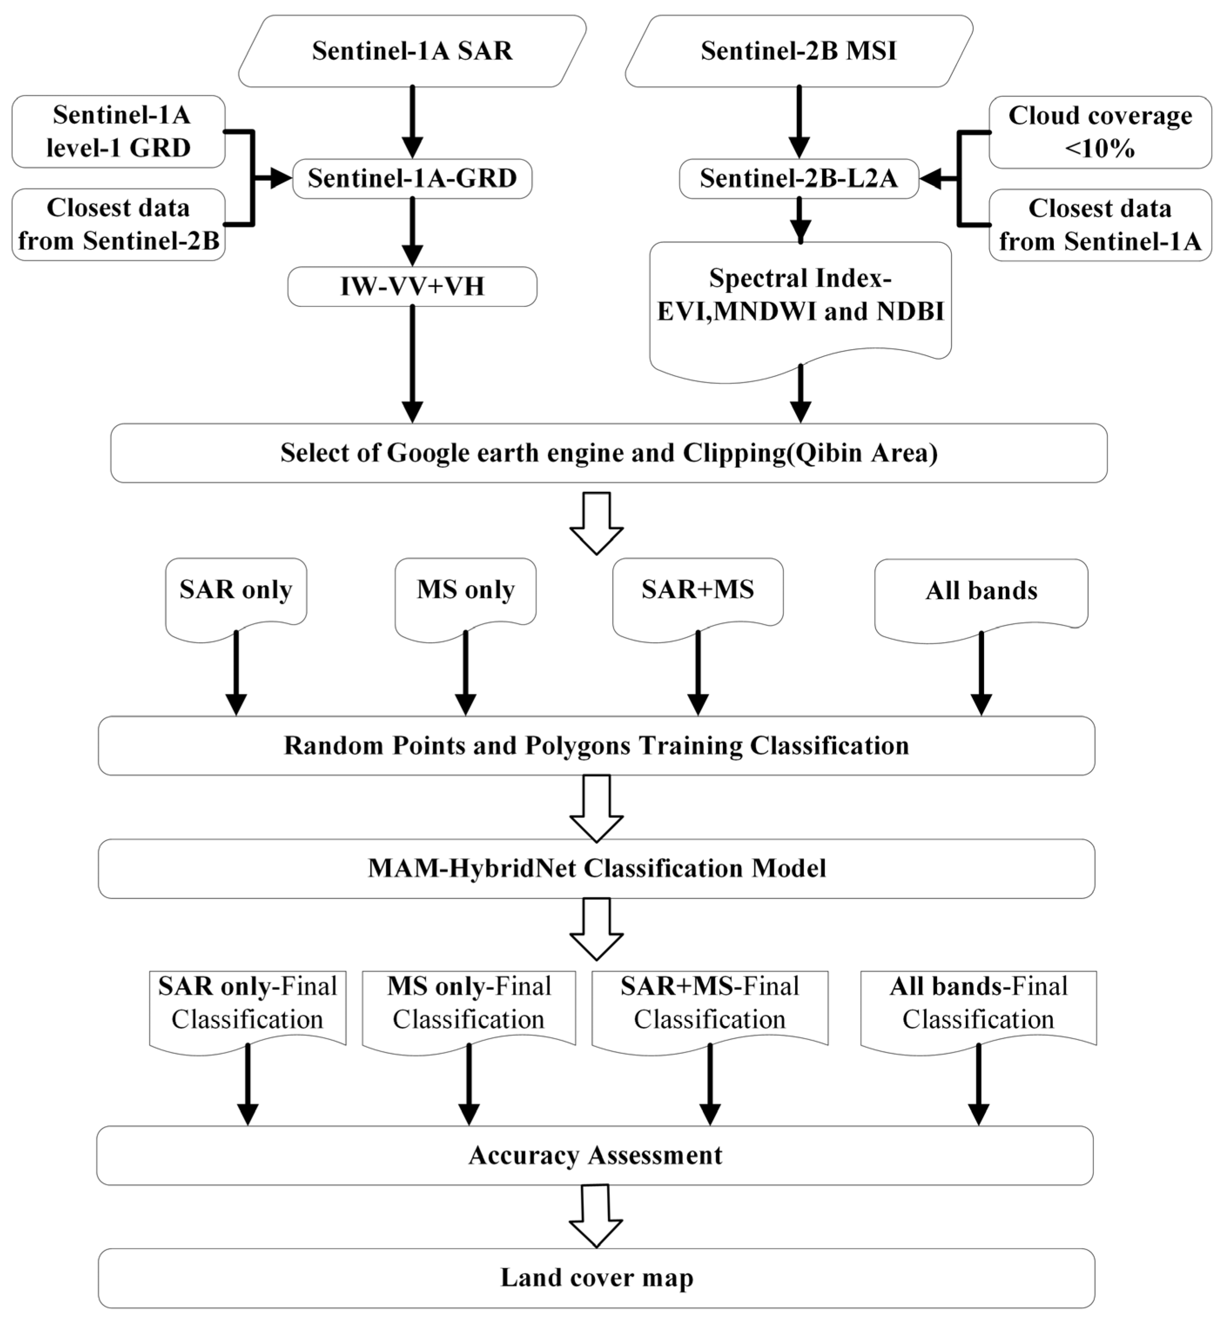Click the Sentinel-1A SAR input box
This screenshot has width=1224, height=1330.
coord(412,51)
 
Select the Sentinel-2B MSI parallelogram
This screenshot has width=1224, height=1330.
coord(799,51)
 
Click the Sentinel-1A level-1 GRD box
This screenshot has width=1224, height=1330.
coord(118,131)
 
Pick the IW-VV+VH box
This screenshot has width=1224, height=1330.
coord(412,286)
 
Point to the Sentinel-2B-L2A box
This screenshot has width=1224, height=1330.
coord(799,178)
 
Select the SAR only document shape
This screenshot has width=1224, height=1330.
coord(236,593)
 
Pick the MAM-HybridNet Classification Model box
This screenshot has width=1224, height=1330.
coord(596,869)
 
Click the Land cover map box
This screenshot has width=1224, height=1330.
coord(596,1278)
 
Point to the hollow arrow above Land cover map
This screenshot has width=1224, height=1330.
coord(595,1216)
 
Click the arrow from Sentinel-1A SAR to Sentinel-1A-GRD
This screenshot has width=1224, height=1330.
coord(412,122)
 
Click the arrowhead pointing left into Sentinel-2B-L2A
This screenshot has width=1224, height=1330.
coord(931,178)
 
